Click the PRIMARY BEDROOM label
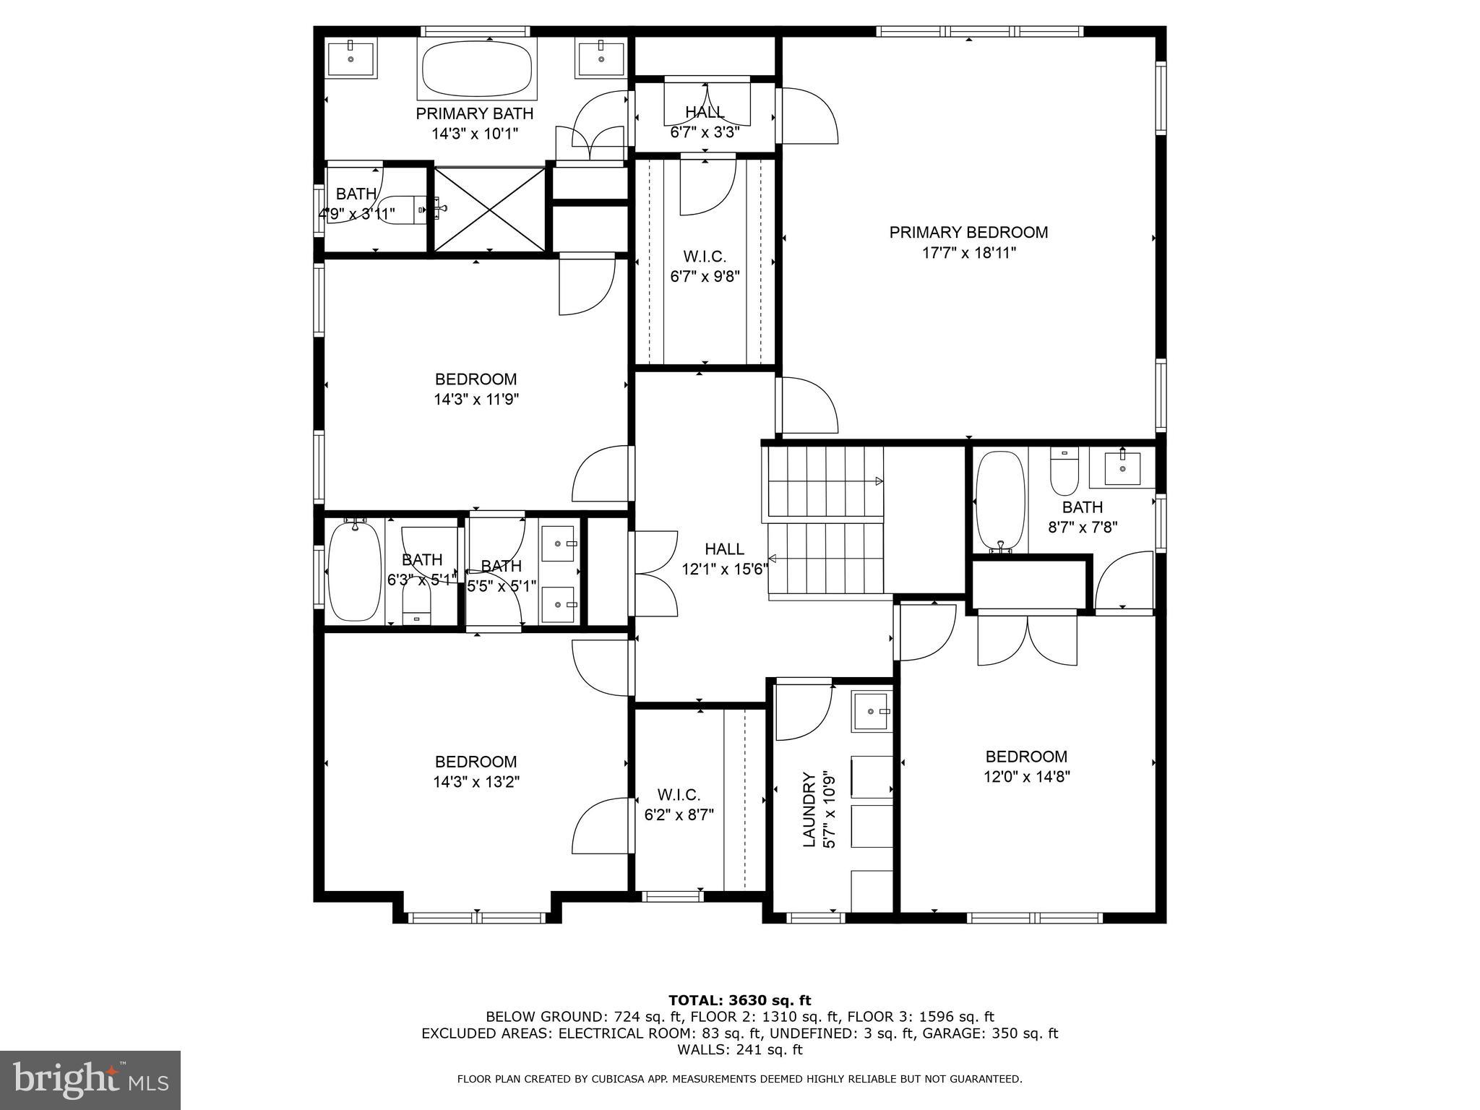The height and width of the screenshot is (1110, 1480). point(968,233)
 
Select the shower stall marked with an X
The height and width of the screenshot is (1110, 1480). point(490,210)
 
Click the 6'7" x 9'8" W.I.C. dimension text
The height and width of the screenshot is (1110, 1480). point(705,277)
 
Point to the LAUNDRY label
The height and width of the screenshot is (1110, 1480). point(809,809)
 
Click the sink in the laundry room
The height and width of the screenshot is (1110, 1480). point(872,712)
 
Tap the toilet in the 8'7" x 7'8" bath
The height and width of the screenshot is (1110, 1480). point(1064,472)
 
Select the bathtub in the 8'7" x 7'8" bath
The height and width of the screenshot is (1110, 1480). point(1000,500)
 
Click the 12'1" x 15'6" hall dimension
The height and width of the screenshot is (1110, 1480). point(725,569)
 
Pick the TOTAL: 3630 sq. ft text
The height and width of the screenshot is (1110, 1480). point(739,1001)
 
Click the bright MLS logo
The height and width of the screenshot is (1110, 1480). point(90,1080)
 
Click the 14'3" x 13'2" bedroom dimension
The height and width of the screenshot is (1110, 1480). point(476,782)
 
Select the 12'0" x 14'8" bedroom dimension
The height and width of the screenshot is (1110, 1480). point(1026,777)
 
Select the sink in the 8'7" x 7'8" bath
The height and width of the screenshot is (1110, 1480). point(1122,468)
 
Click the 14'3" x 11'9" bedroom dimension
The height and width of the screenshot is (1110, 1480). point(476,400)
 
